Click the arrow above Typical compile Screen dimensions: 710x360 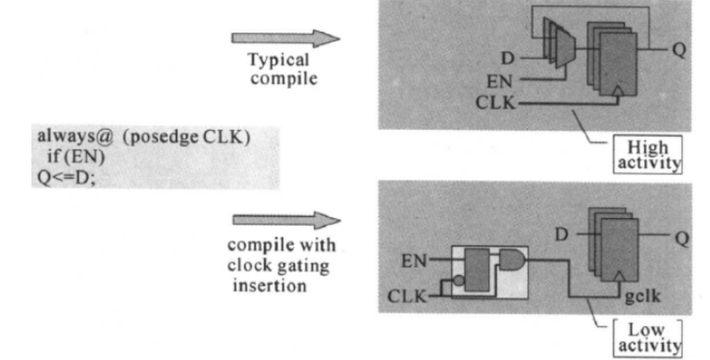tap(285, 39)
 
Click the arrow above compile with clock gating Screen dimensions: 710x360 tap(286, 220)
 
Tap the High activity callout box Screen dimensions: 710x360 tap(647, 154)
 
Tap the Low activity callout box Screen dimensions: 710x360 tap(647, 338)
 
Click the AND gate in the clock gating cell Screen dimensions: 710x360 tap(513, 260)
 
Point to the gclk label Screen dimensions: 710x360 tap(643, 297)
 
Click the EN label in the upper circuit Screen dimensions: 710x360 tap(499, 82)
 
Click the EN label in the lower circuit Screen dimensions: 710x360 tap(414, 261)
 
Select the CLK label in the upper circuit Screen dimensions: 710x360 tap(496, 103)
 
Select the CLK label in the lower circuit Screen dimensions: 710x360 tap(407, 297)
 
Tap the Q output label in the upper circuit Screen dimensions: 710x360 tap(679, 50)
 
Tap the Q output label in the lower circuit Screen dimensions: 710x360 tap(682, 238)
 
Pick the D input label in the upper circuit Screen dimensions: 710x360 tap(508, 58)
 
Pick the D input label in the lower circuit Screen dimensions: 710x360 tap(562, 235)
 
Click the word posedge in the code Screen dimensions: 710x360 tap(165, 137)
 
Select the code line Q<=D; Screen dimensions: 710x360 tap(67, 177)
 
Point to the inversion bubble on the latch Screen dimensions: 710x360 tap(459, 281)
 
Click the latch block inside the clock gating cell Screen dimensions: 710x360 tap(477, 270)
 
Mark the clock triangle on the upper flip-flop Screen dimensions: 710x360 tap(618, 91)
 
